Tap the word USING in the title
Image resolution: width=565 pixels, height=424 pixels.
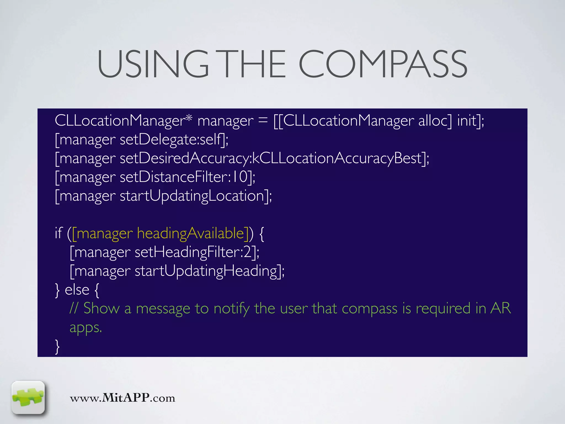153,64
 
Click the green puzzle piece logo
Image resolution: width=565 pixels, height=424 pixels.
28,397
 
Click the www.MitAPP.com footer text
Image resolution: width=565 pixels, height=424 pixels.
122,398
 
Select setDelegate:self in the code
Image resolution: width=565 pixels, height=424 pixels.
171,139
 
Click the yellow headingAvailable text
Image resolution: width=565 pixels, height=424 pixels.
191,233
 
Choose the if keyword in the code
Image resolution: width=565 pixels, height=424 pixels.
58,233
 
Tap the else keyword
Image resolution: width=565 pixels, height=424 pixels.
77,290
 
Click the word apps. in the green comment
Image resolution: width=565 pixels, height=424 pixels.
86,328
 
